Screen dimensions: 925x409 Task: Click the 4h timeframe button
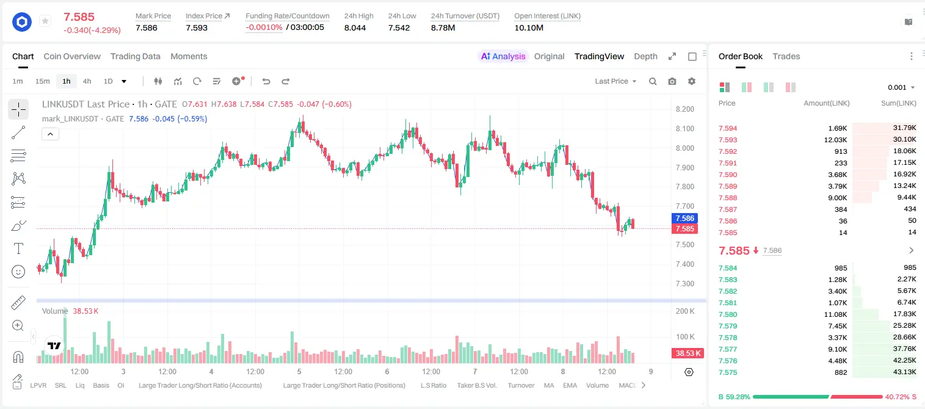tap(87, 81)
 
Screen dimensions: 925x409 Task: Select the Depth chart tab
tap(645, 56)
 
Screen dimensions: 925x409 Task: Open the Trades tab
tap(786, 56)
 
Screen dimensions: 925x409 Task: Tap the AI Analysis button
tap(503, 56)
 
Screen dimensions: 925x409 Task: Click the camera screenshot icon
tap(672, 81)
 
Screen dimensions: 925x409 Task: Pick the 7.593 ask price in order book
tap(728, 140)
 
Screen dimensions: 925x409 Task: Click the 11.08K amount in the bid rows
tap(835, 314)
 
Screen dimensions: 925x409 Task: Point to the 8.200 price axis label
tap(685, 109)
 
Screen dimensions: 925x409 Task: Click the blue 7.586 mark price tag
tap(684, 219)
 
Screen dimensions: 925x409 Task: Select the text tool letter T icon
tap(18, 248)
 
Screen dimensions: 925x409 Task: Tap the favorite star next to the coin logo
tap(45, 21)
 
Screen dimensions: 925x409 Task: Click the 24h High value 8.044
tap(355, 27)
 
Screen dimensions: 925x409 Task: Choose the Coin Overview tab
tap(72, 56)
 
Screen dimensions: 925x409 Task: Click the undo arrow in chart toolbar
tap(266, 81)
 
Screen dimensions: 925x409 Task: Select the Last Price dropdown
tap(615, 81)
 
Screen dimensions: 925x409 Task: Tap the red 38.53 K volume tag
tap(687, 353)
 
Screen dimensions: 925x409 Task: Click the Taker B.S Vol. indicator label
tap(476, 385)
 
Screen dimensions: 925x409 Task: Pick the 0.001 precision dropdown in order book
tap(901, 87)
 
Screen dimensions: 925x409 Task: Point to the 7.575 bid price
tap(728, 372)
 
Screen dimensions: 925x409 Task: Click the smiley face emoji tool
tap(18, 272)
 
